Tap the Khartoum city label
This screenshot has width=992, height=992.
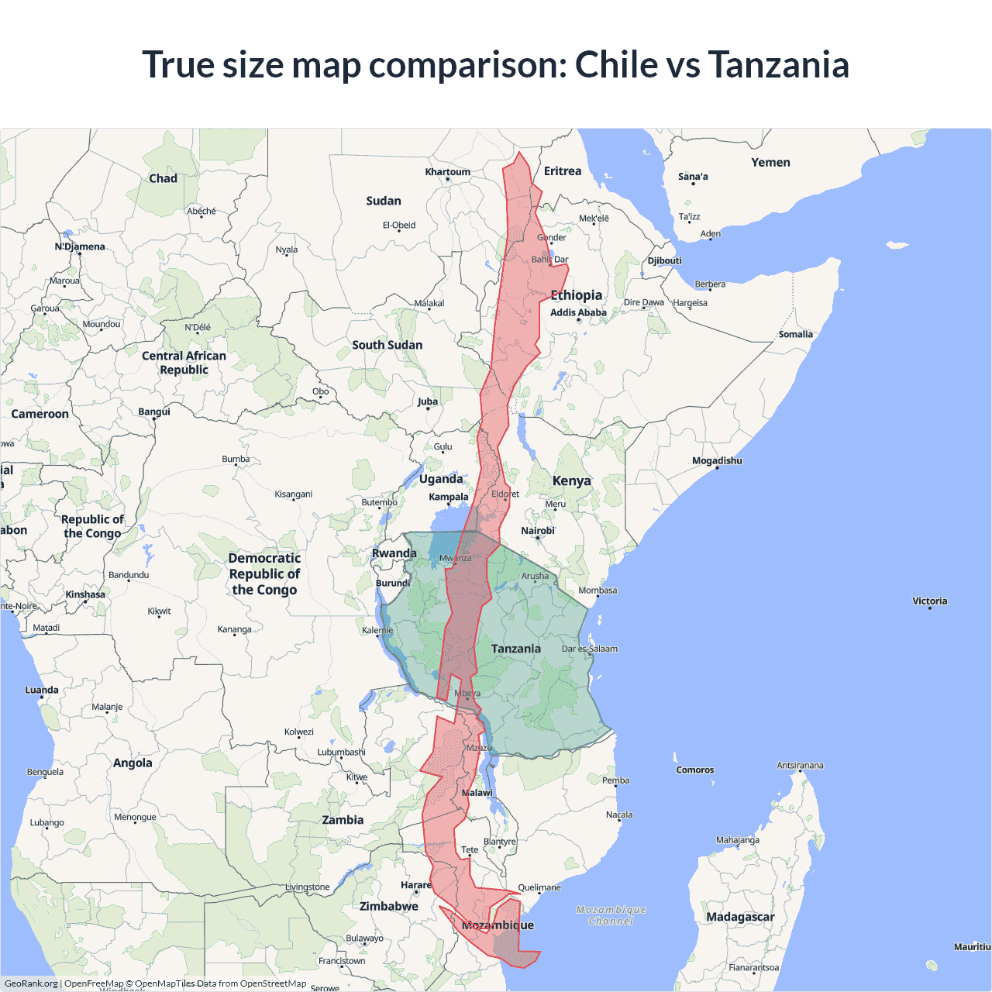click(447, 172)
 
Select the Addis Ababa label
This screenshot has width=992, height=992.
click(578, 312)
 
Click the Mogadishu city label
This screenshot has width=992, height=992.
click(717, 460)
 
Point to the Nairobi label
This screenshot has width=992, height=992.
click(538, 531)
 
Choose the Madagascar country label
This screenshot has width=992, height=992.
click(740, 917)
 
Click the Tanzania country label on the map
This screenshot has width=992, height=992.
click(515, 649)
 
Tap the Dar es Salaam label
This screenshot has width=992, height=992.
click(590, 649)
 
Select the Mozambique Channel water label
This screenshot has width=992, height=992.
click(611, 915)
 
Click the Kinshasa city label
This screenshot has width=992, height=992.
click(85, 594)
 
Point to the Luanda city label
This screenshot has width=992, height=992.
click(42, 690)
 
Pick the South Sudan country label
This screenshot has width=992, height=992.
click(387, 345)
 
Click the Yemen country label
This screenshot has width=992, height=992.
click(770, 162)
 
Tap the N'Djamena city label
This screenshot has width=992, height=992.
click(80, 246)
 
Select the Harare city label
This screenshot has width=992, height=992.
click(416, 885)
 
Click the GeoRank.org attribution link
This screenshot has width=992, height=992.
click(31, 983)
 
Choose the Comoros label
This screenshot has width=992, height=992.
click(694, 770)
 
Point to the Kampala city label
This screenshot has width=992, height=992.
click(449, 497)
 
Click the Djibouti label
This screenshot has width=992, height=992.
click(665, 260)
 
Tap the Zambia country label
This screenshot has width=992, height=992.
click(343, 820)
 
